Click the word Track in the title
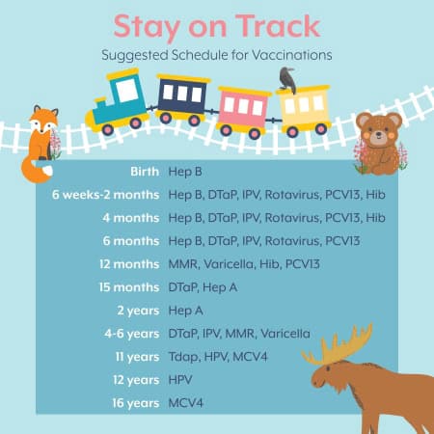278,26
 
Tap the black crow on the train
287,80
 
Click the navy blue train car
182,99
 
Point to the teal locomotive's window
127,91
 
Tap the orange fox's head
43,120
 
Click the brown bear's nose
379,136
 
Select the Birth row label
145,172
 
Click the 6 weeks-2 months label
106,195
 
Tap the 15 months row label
129,287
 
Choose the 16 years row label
136,403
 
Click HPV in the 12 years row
180,380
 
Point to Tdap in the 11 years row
184,357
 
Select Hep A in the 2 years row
186,311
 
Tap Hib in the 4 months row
375,218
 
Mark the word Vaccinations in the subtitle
291,55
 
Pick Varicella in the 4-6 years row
285,334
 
